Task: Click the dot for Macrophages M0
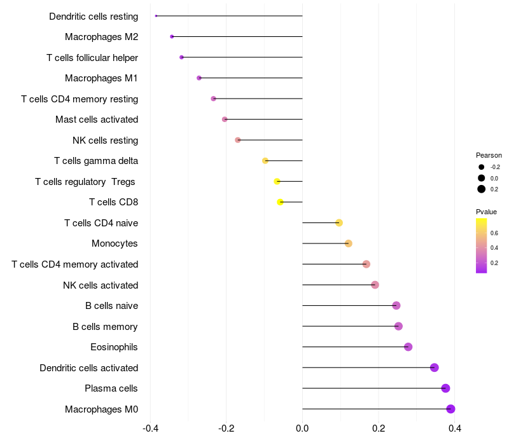pos(450,409)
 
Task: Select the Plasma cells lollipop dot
pos(446,388)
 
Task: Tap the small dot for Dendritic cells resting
pos(156,16)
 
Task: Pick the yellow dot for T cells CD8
pos(280,202)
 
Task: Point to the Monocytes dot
pos(348,243)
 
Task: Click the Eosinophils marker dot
pos(408,346)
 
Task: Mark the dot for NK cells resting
pos(237,140)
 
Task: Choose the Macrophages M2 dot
pos(172,37)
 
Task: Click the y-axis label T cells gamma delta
pos(96,161)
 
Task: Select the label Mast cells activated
pos(97,120)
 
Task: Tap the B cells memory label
pos(105,327)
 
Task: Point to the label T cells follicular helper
pos(92,58)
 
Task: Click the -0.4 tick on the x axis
pos(150,428)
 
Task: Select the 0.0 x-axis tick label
pos(302,428)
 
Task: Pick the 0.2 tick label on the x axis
pos(379,428)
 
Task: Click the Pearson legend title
pos(489,155)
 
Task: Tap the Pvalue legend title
pos(486,212)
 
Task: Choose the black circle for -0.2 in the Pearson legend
pos(482,167)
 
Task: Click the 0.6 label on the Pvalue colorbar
pos(494,233)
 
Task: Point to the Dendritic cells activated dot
pos(435,367)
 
